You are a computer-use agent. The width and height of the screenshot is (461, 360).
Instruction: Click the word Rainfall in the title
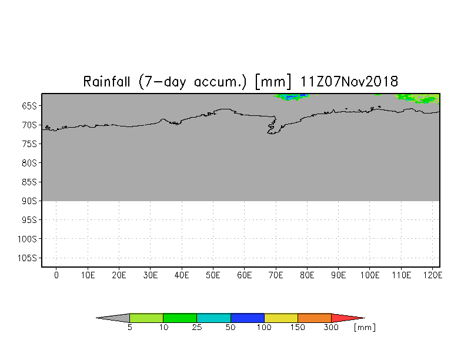click(106, 81)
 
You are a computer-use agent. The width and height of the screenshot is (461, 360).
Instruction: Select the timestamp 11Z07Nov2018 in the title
click(349, 81)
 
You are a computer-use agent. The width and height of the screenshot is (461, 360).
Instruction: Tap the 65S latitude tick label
click(29, 106)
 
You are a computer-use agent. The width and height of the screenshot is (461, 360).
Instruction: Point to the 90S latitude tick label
click(29, 201)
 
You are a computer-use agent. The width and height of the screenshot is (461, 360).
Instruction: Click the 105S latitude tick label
click(27, 258)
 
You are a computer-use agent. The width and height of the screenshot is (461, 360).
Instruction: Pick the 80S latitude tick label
click(29, 163)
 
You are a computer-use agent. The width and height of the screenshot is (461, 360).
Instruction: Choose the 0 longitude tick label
click(56, 275)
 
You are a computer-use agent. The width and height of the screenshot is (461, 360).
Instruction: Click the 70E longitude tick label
click(276, 275)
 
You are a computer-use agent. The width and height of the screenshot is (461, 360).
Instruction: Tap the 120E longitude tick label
click(433, 275)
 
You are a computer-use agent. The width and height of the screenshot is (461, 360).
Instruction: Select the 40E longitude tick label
click(182, 275)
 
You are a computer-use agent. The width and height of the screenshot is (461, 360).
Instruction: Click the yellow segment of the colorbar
click(281, 318)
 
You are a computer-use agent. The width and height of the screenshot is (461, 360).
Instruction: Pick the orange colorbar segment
click(314, 318)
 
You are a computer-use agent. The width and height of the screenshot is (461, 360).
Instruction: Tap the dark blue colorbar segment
click(247, 318)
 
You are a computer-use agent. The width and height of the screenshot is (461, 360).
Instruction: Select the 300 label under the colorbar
click(331, 327)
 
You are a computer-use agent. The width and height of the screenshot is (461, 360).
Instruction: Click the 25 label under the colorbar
click(196, 327)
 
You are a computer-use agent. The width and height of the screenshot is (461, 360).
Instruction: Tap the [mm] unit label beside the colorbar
click(365, 327)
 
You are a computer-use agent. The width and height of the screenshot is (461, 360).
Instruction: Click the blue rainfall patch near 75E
click(292, 96)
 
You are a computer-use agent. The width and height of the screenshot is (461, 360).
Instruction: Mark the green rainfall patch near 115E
click(417, 98)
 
